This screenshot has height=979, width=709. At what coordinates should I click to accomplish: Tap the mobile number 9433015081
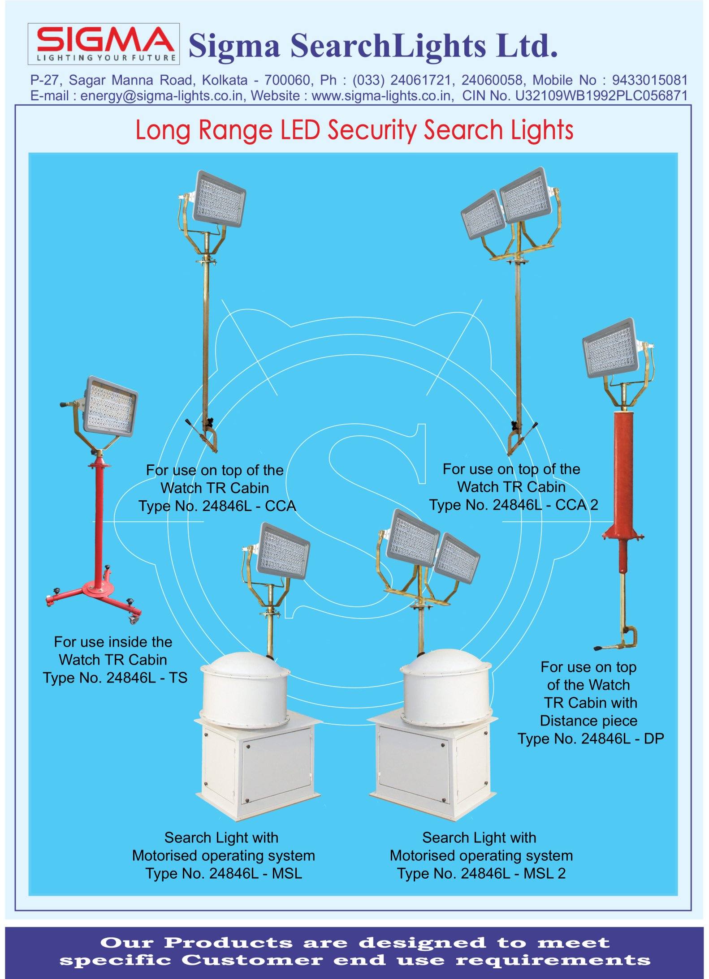[x=649, y=81]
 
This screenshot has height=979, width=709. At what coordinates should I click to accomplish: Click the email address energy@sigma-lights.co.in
[x=163, y=96]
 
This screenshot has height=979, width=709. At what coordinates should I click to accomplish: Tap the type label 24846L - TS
[x=147, y=678]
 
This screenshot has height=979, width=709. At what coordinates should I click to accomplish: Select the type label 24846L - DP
[x=623, y=739]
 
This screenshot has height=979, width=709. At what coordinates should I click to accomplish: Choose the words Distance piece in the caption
[x=588, y=721]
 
